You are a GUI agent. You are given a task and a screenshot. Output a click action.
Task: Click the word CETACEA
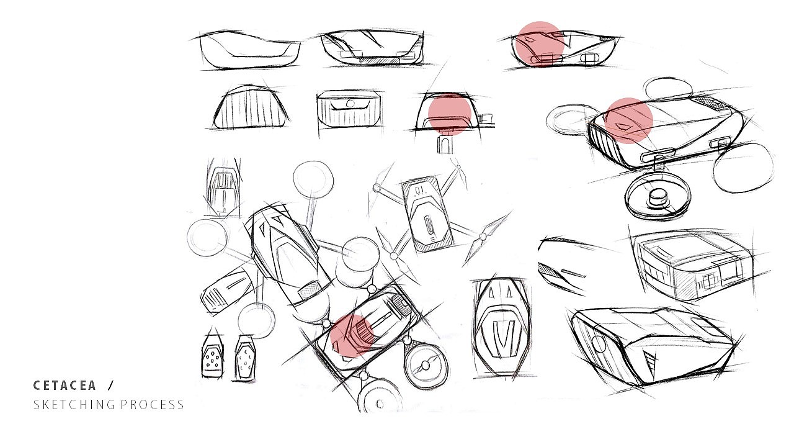click(65, 386)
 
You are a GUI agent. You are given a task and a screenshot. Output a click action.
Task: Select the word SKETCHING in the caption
click(74, 404)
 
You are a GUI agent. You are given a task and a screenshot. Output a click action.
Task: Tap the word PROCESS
click(152, 404)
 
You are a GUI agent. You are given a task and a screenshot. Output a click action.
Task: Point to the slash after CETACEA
click(111, 386)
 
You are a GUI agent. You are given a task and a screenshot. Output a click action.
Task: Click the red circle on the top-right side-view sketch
click(539, 44)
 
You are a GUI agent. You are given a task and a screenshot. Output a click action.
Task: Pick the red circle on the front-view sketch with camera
click(449, 114)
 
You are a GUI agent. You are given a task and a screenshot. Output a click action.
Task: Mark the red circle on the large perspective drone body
click(628, 120)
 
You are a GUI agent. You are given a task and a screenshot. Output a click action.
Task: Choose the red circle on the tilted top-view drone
click(352, 335)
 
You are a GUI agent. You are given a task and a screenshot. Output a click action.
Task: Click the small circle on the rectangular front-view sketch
click(350, 103)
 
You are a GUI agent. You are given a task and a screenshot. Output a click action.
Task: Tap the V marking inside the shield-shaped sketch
click(504, 339)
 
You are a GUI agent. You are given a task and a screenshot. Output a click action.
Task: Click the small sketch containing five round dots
click(213, 356)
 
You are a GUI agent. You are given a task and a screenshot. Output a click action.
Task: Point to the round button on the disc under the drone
click(658, 198)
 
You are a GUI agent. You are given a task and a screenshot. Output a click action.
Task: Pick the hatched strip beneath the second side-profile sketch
click(379, 61)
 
